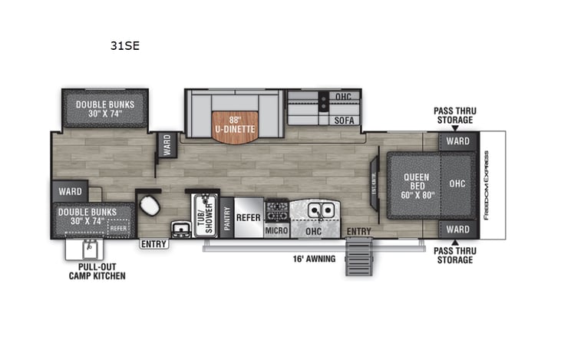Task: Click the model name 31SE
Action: pyautogui.click(x=128, y=45)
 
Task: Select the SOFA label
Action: pyautogui.click(x=342, y=121)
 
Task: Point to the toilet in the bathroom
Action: pyautogui.click(x=148, y=206)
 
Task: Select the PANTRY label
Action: pyautogui.click(x=227, y=217)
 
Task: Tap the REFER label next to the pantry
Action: pyautogui.click(x=248, y=217)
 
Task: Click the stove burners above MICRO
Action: pyautogui.click(x=276, y=209)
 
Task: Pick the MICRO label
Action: pyautogui.click(x=276, y=230)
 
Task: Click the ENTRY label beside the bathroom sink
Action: pyautogui.click(x=153, y=244)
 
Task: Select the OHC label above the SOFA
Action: pyautogui.click(x=342, y=97)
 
